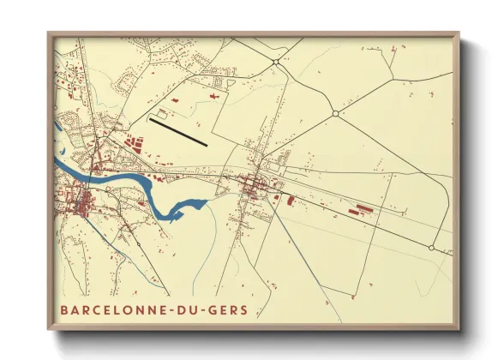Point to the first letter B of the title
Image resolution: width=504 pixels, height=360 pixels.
pyautogui.click(x=64, y=309)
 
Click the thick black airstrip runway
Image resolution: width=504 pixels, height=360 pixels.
pyautogui.click(x=178, y=132)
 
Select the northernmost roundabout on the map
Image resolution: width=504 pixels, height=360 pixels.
pyautogui.click(x=276, y=62)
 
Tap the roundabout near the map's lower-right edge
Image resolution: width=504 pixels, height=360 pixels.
pyautogui.click(x=432, y=249)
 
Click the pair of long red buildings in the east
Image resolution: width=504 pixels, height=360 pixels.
pyautogui.click(x=359, y=207)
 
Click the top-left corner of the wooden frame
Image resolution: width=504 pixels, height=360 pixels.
pyautogui.click(x=49, y=33)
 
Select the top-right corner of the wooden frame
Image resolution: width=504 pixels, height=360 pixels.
pyautogui.click(x=459, y=33)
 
